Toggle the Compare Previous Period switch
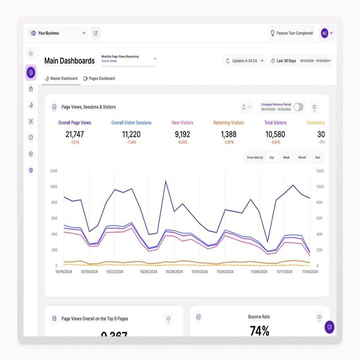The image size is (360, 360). [x=298, y=107]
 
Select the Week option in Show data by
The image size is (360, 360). [x=286, y=157]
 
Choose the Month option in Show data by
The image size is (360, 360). [x=302, y=157]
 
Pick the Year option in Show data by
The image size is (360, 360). [x=317, y=157]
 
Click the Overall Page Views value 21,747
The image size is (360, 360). [x=75, y=135]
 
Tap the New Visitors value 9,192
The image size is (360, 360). [x=182, y=135]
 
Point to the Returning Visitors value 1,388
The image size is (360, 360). [x=228, y=135]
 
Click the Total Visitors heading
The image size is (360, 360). [x=275, y=123]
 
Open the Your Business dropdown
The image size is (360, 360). [x=58, y=33]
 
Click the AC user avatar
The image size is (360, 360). [x=324, y=33]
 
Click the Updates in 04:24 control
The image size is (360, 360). [x=244, y=61]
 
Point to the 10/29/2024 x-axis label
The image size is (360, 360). [x=174, y=272]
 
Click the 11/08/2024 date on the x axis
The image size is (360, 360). [x=259, y=272]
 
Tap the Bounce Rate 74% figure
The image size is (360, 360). [x=259, y=331]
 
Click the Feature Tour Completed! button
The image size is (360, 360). [x=292, y=33]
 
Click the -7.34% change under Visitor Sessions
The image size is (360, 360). [x=131, y=142]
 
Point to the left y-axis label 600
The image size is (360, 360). [x=54, y=218]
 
